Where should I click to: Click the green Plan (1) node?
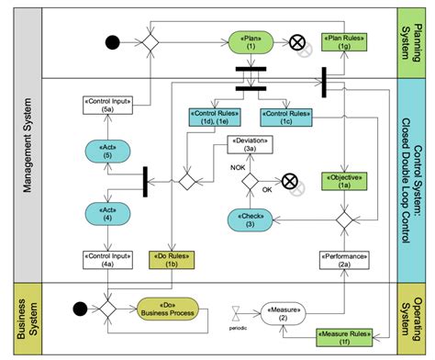click(251, 41)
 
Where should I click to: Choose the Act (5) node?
click(108, 152)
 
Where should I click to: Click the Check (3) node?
click(251, 220)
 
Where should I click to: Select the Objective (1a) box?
click(343, 179)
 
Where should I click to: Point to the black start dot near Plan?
click(113, 41)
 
